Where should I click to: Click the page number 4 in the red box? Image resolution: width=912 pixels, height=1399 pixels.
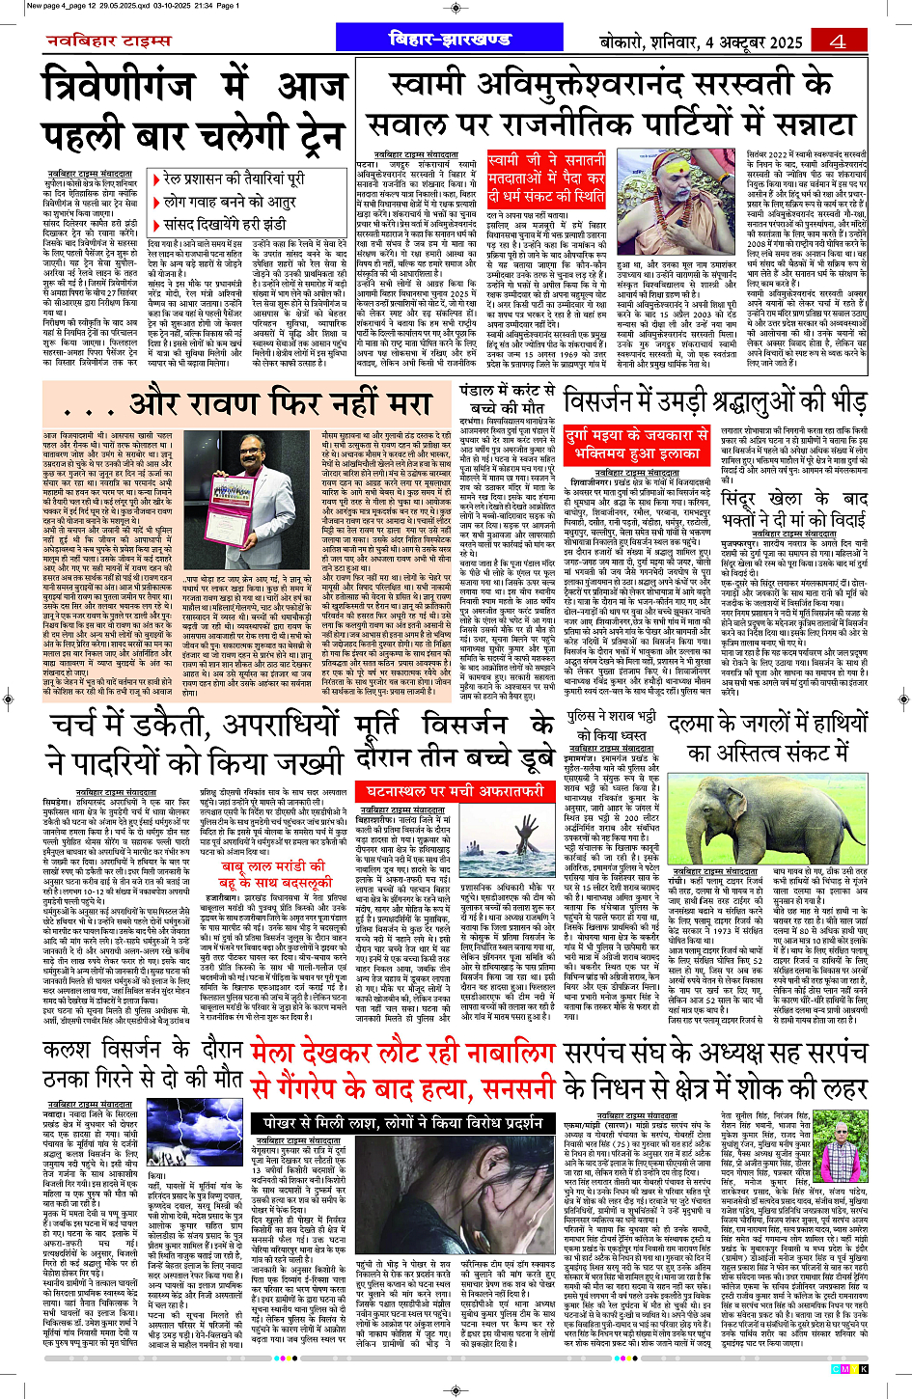pyautogui.click(x=836, y=41)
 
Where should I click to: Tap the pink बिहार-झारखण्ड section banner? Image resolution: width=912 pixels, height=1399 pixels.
pyautogui.click(x=449, y=40)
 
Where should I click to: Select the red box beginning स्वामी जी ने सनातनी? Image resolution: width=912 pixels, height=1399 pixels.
pyautogui.click(x=547, y=178)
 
